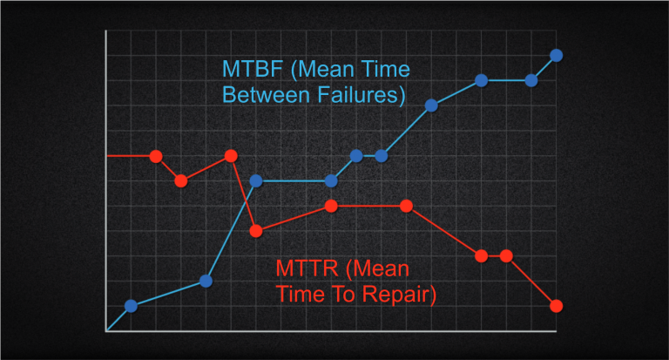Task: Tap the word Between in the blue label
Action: tap(262, 94)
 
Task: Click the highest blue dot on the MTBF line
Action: tap(556, 56)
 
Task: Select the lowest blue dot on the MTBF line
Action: tap(131, 306)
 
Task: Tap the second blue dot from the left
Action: tap(206, 281)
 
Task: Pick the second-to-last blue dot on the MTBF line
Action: tap(530, 81)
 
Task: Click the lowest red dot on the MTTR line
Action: tap(556, 306)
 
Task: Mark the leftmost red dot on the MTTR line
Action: tap(156, 157)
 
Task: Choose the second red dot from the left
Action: tap(180, 181)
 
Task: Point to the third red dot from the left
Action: tap(231, 156)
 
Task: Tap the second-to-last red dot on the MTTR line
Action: tap(505, 256)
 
